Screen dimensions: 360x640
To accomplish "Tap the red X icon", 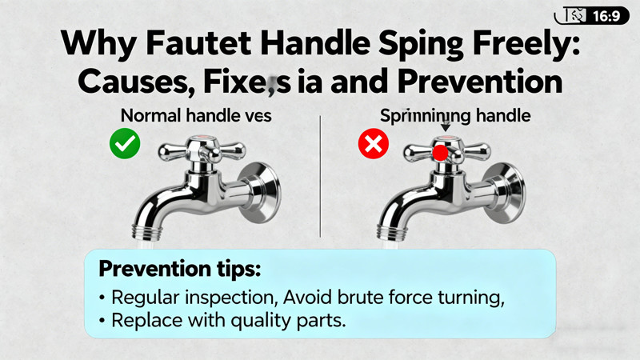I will [x=372, y=145].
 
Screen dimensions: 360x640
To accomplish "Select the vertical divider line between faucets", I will [x=320, y=176].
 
